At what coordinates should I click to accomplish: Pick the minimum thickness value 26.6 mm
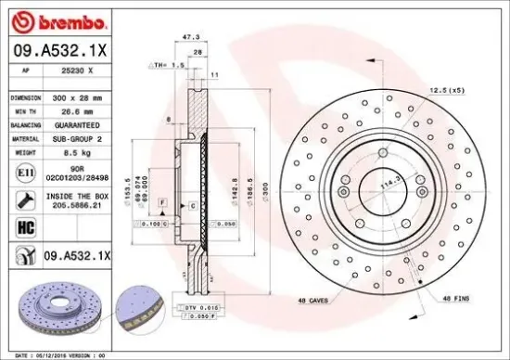tap(73, 109)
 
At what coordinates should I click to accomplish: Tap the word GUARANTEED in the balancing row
tap(73, 122)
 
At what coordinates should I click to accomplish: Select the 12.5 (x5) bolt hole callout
tap(446, 89)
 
